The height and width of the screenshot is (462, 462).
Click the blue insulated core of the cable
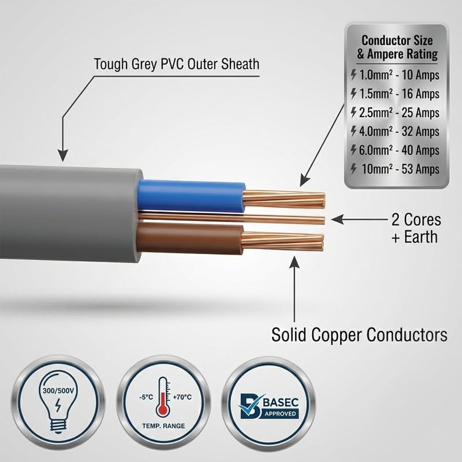[x=191, y=195]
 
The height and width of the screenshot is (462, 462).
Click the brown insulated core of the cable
[x=190, y=238]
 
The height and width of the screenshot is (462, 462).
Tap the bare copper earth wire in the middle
[x=232, y=218]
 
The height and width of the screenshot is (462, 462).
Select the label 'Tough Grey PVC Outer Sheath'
[x=177, y=64]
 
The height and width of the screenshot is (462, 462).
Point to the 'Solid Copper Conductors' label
[x=359, y=335]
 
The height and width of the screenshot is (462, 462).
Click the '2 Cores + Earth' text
[x=416, y=228]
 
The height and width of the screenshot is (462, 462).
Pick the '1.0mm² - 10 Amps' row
[x=396, y=75]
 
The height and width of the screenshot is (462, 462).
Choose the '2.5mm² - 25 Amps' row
[x=396, y=113]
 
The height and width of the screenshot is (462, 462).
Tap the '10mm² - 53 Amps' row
[x=396, y=169]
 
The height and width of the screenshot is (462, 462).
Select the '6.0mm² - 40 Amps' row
[x=396, y=150]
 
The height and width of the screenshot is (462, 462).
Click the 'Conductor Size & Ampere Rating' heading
[x=397, y=47]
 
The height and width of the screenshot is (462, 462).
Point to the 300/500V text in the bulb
[x=58, y=391]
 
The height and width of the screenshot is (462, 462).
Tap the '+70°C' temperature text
[x=182, y=397]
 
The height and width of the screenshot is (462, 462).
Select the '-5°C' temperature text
[x=146, y=397]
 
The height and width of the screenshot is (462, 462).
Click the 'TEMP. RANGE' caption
[x=163, y=426]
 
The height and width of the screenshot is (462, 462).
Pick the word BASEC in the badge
[x=280, y=402]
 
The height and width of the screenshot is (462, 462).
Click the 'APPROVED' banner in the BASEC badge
[x=280, y=413]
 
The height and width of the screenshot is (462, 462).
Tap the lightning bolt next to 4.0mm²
[x=353, y=131]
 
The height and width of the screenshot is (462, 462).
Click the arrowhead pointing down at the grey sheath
[x=62, y=155]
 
